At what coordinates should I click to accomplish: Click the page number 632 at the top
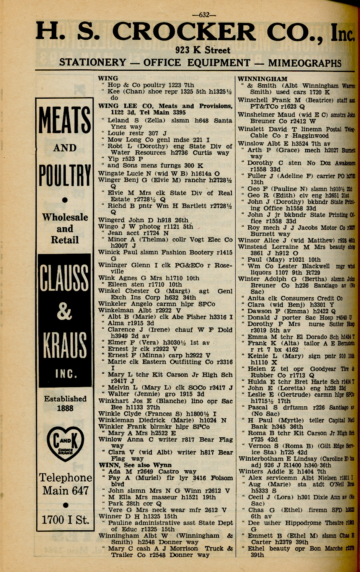click(204, 15)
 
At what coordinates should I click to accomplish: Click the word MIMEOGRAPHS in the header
click(305, 63)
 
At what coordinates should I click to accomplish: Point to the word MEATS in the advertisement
click(65, 121)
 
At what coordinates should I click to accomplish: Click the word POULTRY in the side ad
click(65, 175)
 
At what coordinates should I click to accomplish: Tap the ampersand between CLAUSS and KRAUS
click(64, 312)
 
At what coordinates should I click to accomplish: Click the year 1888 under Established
click(65, 408)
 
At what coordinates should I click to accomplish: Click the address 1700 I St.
click(65, 520)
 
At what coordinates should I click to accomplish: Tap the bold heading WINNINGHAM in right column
click(262, 79)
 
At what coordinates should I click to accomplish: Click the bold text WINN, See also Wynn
click(135, 465)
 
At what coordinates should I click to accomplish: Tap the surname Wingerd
click(111, 220)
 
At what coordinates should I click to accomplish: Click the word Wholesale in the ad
click(65, 217)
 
